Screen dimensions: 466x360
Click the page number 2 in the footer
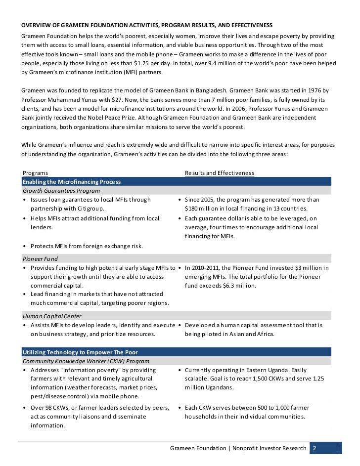[314, 449]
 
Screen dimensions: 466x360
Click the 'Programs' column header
[36, 173]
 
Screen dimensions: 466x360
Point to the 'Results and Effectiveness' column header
[219, 173]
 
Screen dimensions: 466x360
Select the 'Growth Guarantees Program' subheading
[61, 191]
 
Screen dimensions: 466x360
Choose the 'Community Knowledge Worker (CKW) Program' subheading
[85, 361]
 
